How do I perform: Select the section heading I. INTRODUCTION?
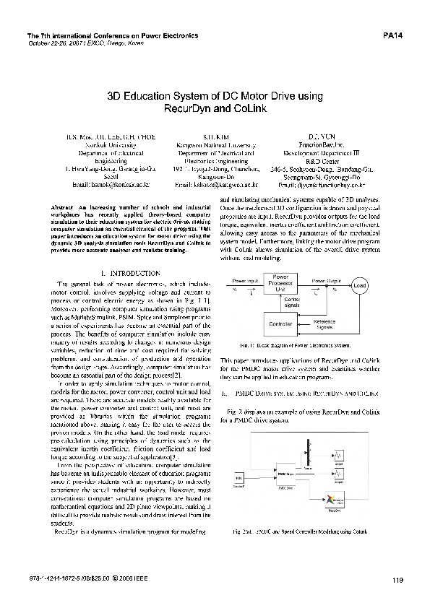tap(130, 274)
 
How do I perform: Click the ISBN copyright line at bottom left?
tap(81, 578)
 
